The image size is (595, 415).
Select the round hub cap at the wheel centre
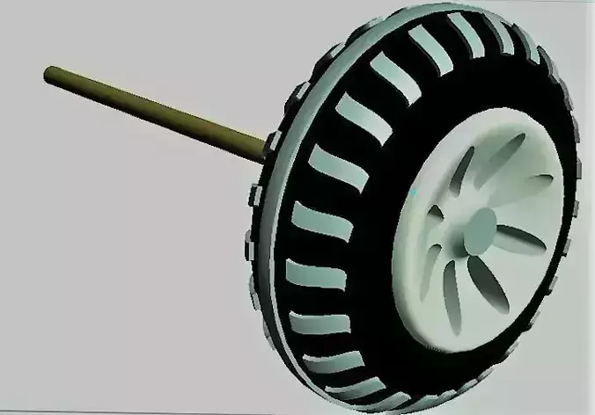click(x=481, y=230)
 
